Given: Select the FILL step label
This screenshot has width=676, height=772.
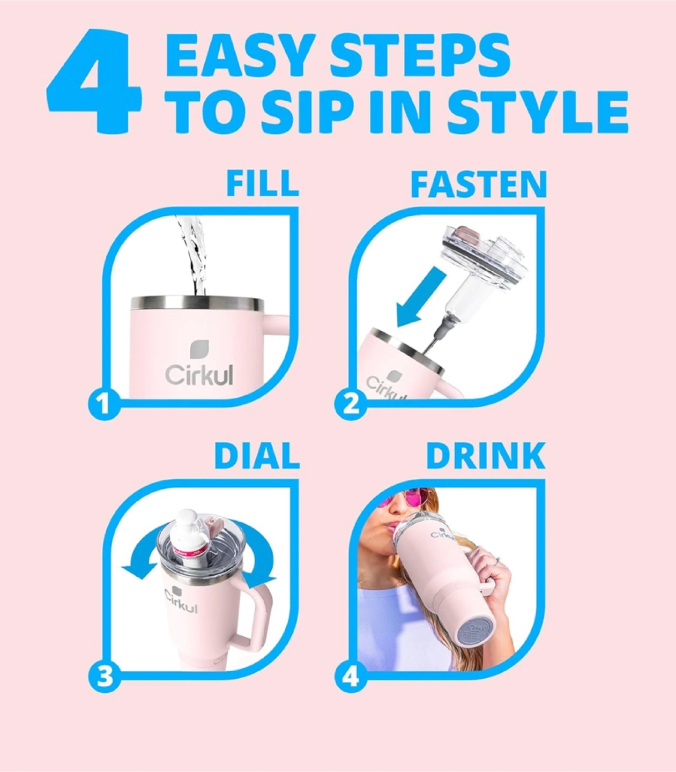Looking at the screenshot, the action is [262, 183].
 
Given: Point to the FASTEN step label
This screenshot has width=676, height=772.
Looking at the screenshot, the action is [478, 183].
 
